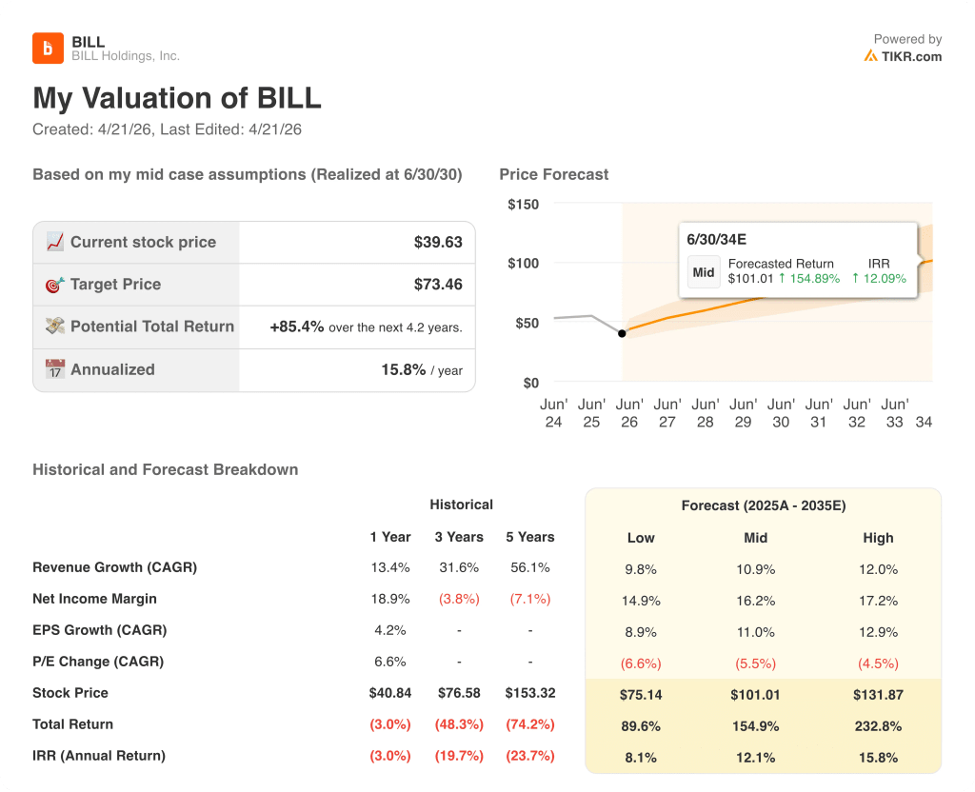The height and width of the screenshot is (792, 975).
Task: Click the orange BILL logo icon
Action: click(x=48, y=48)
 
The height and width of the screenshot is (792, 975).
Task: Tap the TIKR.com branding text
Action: click(x=910, y=56)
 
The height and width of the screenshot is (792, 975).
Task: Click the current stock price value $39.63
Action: click(x=438, y=242)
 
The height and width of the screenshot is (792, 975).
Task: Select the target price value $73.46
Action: click(x=438, y=284)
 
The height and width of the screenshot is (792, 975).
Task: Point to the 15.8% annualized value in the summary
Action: click(x=403, y=369)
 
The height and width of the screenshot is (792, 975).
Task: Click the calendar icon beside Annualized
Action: click(x=55, y=369)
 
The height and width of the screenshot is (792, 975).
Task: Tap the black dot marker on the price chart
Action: click(x=622, y=333)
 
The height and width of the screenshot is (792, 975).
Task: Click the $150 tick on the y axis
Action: click(x=523, y=204)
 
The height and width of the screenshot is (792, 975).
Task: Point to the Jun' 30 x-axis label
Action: click(x=781, y=413)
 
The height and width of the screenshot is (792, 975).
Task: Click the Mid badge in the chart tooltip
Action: click(x=704, y=272)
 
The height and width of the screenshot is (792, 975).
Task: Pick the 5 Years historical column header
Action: click(x=529, y=537)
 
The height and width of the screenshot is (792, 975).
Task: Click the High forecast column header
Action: click(x=878, y=538)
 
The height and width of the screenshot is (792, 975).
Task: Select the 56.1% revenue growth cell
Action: click(x=529, y=567)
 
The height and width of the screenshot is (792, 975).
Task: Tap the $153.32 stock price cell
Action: click(x=529, y=693)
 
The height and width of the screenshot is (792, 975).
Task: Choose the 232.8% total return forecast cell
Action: click(x=878, y=726)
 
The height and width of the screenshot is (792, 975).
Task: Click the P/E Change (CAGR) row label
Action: click(x=98, y=662)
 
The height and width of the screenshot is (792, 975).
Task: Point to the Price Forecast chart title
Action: click(x=553, y=174)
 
